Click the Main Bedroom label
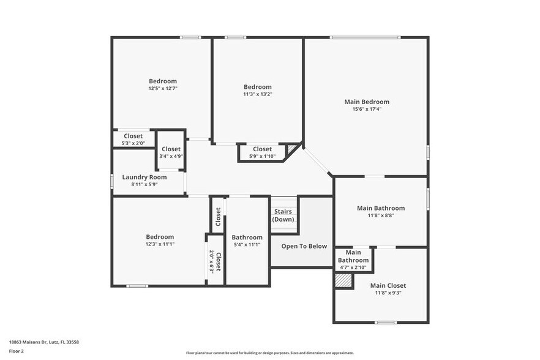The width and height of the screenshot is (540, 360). (x=366, y=102)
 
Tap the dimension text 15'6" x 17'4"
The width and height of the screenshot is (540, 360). (x=366, y=109)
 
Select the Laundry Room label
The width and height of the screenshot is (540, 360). (x=144, y=177)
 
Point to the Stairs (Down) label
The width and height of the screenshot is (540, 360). (x=283, y=216)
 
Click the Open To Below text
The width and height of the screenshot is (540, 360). (x=304, y=246)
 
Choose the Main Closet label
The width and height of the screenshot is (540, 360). (x=388, y=285)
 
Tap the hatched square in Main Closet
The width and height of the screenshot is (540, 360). (x=344, y=280)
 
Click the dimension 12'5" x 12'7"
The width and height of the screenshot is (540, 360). (x=163, y=88)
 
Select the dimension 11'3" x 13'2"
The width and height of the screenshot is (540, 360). (x=257, y=94)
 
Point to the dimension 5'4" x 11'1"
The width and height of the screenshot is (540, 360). (x=247, y=244)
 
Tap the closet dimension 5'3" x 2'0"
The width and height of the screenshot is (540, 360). (x=133, y=143)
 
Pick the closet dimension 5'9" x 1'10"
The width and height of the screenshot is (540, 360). (x=262, y=156)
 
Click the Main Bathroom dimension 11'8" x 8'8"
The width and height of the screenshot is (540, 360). (x=381, y=216)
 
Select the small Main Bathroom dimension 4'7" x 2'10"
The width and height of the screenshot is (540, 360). (x=353, y=268)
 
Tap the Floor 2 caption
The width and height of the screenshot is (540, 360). (x=16, y=351)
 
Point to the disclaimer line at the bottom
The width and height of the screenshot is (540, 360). (x=270, y=353)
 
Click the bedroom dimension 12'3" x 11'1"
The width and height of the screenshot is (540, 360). (x=160, y=244)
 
